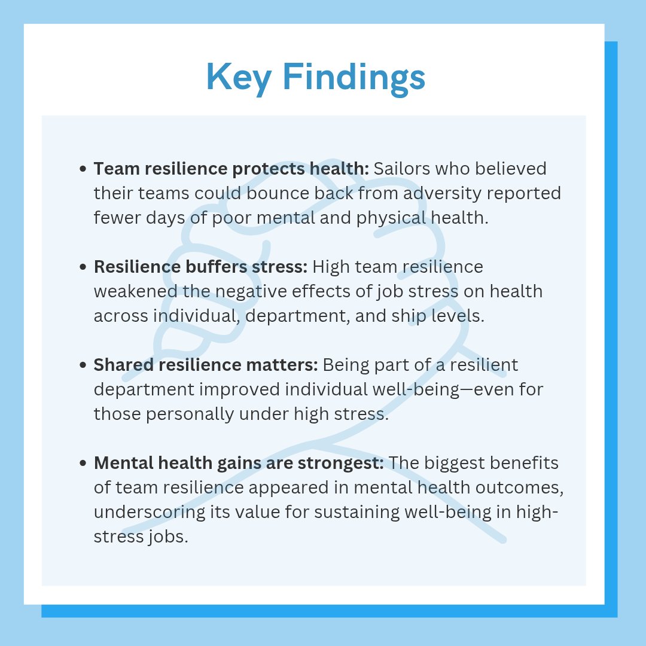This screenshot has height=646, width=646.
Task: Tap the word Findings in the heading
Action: (x=354, y=77)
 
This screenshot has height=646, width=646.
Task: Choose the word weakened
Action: (x=135, y=291)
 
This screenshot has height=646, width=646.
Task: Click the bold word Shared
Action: (x=121, y=365)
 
